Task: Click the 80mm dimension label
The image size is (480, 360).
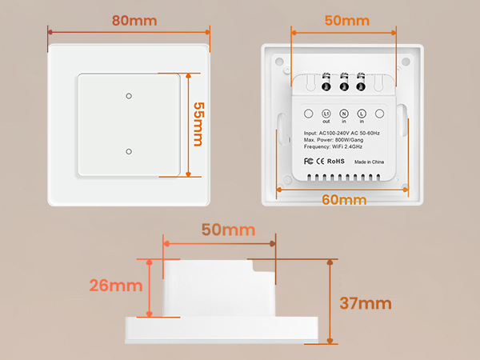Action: point(134,21)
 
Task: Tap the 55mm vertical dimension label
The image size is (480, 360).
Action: point(198,124)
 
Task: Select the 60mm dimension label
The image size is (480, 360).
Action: point(344,200)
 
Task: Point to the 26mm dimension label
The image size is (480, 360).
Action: point(116,286)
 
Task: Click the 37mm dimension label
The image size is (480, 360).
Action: point(366,303)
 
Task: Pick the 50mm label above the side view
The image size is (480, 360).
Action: point(228,230)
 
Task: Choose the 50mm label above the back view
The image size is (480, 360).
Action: point(347,21)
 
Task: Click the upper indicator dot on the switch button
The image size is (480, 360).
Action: point(129,96)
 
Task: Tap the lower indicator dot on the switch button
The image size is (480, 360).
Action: point(129,151)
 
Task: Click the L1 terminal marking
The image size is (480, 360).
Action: point(326,114)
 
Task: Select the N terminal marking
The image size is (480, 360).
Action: point(344,114)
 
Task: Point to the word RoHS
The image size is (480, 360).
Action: point(336,162)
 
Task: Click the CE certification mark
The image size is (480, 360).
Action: point(320,162)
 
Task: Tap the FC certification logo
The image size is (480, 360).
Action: point(308,161)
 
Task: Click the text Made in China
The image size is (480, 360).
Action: point(369,162)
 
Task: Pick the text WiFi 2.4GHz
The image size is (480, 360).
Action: point(347,146)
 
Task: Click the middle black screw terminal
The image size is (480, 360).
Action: point(344,86)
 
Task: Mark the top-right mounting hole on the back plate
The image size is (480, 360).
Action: point(406,62)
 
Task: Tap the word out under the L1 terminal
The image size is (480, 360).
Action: point(326,122)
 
